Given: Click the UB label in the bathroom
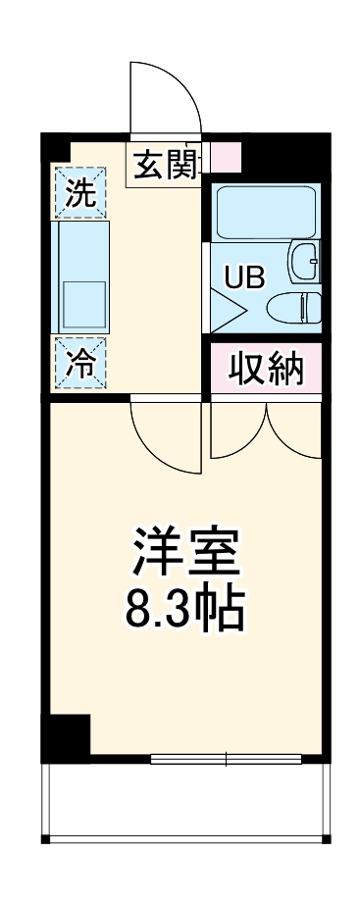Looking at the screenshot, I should (243, 277).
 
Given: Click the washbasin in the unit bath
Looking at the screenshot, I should (304, 261).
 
